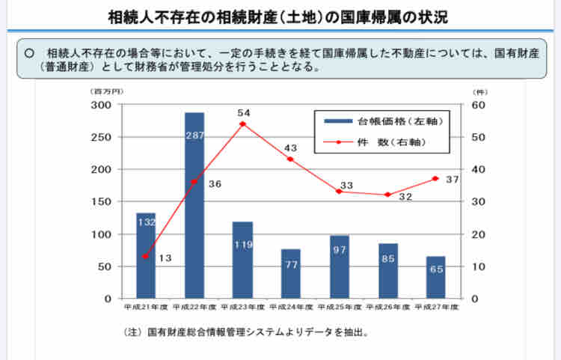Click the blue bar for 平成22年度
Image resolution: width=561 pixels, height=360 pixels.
click(x=194, y=205)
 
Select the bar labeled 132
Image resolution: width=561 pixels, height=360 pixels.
click(x=146, y=255)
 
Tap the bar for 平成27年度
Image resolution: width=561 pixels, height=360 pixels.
click(x=436, y=277)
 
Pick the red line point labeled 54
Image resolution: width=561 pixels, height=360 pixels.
click(x=242, y=123)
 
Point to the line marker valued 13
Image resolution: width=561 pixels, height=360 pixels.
click(x=146, y=257)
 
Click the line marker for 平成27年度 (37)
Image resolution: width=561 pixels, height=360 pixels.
click(x=436, y=179)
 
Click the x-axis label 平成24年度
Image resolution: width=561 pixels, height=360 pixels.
click(x=291, y=307)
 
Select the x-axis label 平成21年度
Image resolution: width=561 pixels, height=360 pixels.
click(x=146, y=307)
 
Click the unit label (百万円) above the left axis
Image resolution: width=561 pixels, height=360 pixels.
click(x=108, y=91)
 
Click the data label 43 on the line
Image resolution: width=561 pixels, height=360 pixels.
click(x=291, y=147)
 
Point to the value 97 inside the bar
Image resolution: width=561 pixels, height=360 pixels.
click(x=340, y=249)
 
